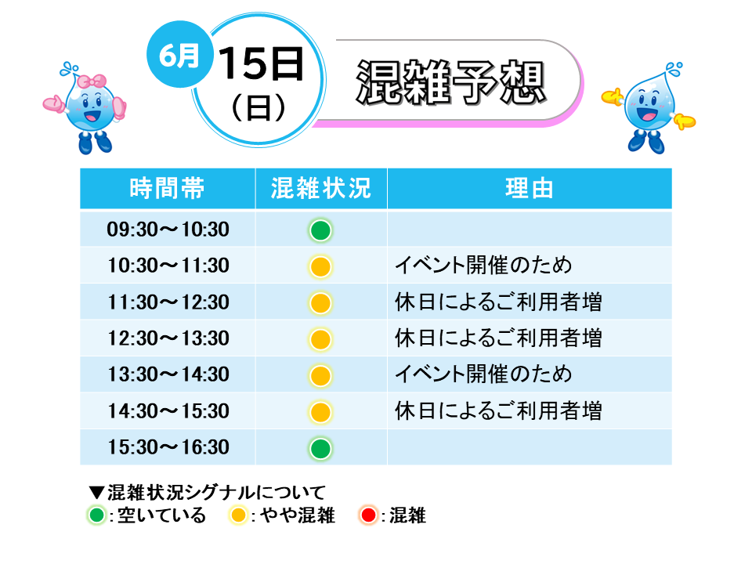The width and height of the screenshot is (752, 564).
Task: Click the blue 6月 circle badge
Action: pyautogui.click(x=179, y=54)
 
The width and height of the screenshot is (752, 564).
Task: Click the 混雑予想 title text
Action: pyautogui.click(x=451, y=82)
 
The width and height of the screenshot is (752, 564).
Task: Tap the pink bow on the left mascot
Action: pyautogui.click(x=92, y=81)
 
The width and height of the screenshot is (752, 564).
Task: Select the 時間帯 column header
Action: pyautogui.click(x=168, y=188)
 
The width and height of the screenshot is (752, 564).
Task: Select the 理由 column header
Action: pyautogui.click(x=530, y=188)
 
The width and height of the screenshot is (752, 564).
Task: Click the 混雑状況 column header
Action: pyautogui.click(x=321, y=188)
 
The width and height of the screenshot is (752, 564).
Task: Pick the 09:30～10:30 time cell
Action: pyautogui.click(x=168, y=230)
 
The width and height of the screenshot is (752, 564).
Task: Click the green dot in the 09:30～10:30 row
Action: pyautogui.click(x=320, y=230)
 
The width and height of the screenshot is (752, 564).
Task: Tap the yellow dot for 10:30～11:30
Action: pyautogui.click(x=320, y=266)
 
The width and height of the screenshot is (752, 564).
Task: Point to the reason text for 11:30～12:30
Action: pyautogui.click(x=498, y=302)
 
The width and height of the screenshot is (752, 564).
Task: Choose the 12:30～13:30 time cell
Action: pyautogui.click(x=168, y=338)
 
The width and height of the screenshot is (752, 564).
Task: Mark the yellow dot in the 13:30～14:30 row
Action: pyautogui.click(x=320, y=375)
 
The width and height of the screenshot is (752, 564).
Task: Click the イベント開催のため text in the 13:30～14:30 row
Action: pyautogui.click(x=483, y=374)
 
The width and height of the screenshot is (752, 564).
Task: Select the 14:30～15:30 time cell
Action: pyautogui.click(x=168, y=411)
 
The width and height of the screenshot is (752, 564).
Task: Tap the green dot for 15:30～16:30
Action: pyautogui.click(x=320, y=449)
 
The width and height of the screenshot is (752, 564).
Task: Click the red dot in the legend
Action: pyautogui.click(x=368, y=515)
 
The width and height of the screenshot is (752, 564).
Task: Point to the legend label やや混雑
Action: pyautogui.click(x=298, y=515)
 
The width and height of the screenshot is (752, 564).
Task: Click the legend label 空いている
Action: pyautogui.click(x=161, y=515)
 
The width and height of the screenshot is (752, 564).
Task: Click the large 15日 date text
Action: pyautogui.click(x=261, y=63)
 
